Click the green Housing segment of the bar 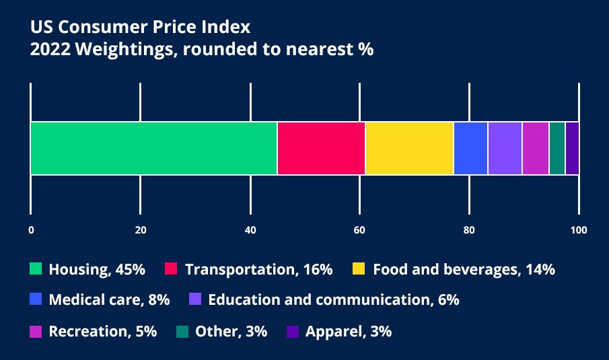(153, 148)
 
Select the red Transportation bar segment (321, 148)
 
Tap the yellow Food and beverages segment (409, 148)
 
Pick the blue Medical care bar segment (470, 148)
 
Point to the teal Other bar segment (557, 148)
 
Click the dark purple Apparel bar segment (572, 148)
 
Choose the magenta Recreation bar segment (536, 148)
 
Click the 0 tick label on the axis (31, 230)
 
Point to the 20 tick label (141, 230)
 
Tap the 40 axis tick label (250, 230)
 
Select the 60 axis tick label (360, 230)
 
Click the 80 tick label (469, 230)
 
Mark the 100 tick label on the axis (578, 230)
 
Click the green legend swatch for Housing (36, 269)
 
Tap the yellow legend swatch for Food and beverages (359, 269)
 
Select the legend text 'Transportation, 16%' (258, 270)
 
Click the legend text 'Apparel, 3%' (348, 331)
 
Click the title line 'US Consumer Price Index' (140, 28)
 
